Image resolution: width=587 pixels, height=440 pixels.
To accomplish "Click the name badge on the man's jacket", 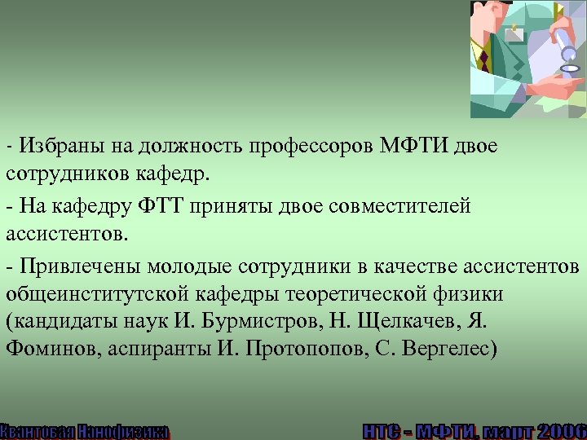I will click(514, 34).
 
